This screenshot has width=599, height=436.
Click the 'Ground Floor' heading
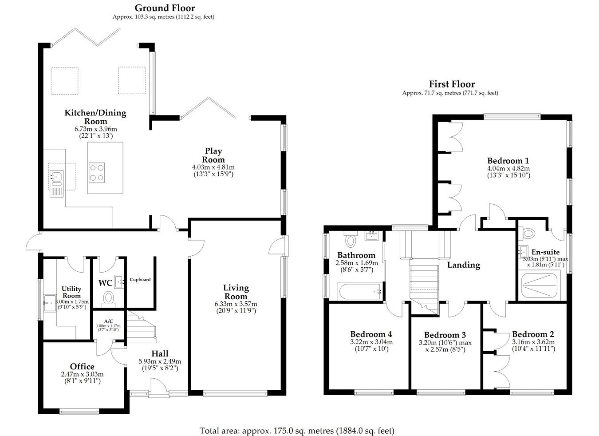(164, 8)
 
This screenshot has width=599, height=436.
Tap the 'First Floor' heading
(451, 84)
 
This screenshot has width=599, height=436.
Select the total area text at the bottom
(297, 430)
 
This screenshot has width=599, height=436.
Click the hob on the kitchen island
(97, 173)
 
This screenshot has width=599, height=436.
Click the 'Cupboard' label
(140, 280)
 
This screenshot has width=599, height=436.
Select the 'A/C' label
(109, 321)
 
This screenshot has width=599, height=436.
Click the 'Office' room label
(82, 366)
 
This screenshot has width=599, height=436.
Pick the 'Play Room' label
(213, 155)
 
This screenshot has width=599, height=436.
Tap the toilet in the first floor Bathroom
(351, 240)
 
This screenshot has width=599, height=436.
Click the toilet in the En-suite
(529, 233)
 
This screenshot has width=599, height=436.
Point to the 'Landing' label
(463, 265)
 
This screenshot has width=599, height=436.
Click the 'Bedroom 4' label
(371, 334)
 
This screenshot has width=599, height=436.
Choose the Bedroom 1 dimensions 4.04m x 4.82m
(508, 169)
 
